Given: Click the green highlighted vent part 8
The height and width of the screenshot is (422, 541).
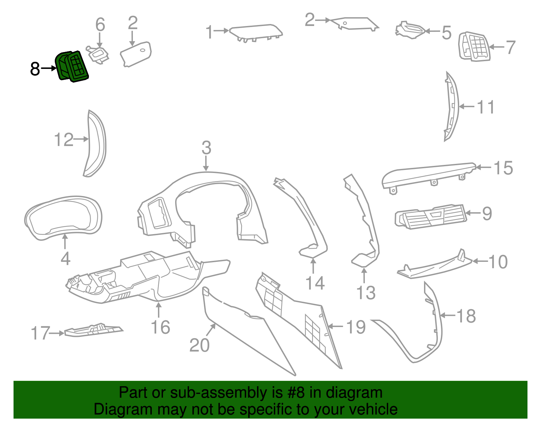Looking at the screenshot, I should [72, 66].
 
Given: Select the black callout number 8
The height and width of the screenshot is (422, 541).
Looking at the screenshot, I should [35, 69].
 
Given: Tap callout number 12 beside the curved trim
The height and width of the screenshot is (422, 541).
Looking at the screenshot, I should [64, 140].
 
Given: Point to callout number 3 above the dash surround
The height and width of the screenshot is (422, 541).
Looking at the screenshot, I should [206, 148].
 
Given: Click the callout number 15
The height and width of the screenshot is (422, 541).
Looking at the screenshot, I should [503, 168].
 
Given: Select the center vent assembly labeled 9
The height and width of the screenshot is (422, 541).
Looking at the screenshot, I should [431, 216].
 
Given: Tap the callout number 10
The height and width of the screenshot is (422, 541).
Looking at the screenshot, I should [498, 262].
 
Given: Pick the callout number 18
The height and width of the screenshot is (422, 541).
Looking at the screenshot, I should [466, 316].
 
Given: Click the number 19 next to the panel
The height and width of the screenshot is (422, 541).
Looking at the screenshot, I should [356, 327].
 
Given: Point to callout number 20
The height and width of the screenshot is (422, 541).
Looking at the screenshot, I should [199, 345].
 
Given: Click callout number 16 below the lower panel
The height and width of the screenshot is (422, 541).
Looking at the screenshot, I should [160, 327].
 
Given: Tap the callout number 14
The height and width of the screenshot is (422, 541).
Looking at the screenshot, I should [315, 283].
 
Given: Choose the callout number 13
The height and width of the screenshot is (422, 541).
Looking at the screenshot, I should [366, 293].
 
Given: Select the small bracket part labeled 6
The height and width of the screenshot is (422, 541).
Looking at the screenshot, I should [98, 54].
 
